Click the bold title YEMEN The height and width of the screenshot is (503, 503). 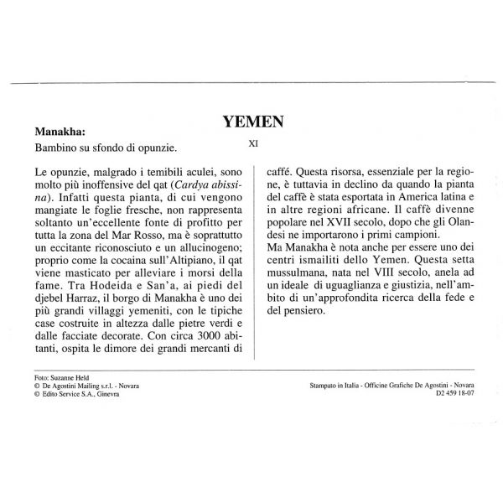click(x=253, y=122)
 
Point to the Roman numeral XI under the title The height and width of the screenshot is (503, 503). click(x=253, y=143)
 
